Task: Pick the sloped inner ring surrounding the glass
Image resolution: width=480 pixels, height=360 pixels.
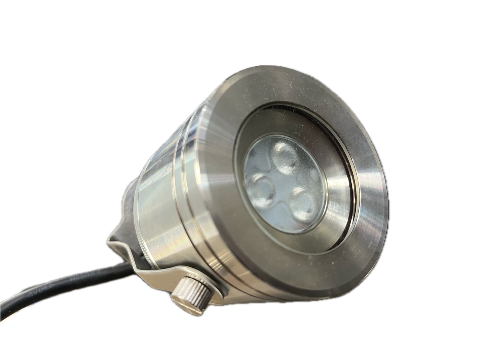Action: coord(340,192)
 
